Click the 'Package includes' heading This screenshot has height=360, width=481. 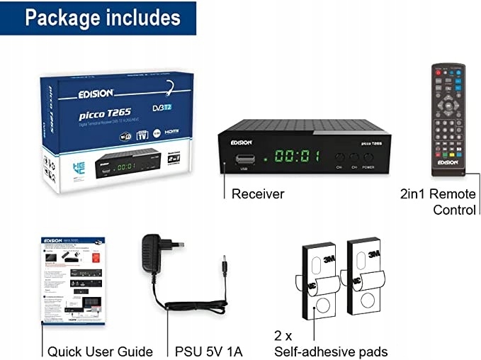102,18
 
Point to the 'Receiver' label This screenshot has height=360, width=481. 257,193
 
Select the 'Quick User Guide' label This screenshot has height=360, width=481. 100,351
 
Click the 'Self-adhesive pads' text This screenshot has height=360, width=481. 331,351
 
